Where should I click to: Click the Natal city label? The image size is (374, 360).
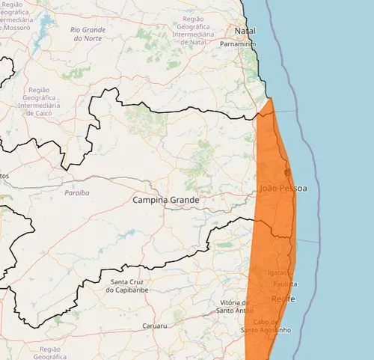click(245, 31)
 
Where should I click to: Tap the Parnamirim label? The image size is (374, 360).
click(238, 44)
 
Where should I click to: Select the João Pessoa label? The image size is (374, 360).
click(283, 188)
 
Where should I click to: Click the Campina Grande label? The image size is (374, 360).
click(166, 201)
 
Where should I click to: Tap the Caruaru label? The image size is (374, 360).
click(154, 326)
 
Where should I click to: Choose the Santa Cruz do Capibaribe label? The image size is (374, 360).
click(130, 286)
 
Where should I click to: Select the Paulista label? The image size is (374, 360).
click(285, 284)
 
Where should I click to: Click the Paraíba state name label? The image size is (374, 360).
click(76, 192)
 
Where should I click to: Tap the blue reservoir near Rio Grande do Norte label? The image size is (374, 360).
click(43, 30)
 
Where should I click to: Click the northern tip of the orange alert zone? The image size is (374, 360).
click(270, 99)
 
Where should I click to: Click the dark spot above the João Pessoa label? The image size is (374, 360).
click(288, 171)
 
